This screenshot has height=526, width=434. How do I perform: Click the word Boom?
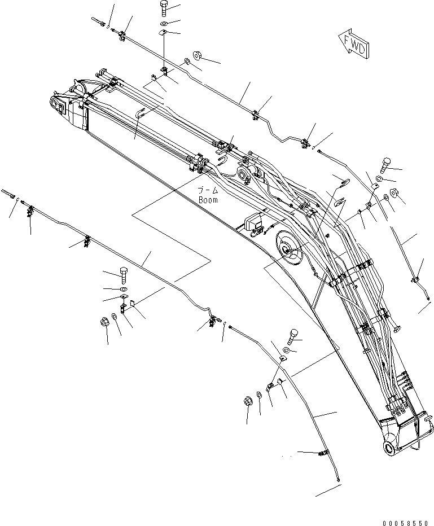[x=208, y=200]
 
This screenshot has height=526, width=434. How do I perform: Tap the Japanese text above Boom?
[x=207, y=191]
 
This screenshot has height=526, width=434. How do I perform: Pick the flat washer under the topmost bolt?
[x=163, y=23]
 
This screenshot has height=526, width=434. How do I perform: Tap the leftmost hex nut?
[x=103, y=323]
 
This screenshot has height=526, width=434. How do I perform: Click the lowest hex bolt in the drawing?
[x=292, y=337]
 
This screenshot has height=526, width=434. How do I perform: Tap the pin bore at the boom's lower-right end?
[x=391, y=448]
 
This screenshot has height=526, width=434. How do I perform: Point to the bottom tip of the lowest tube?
[x=337, y=481]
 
